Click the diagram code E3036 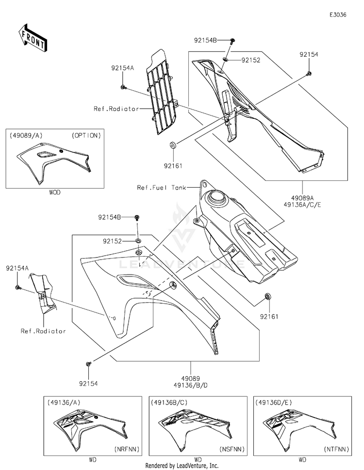[x=338, y=15]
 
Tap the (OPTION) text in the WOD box [x=86, y=135]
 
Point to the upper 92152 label [x=251, y=60]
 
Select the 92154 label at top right [x=309, y=55]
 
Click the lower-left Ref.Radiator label [x=43, y=331]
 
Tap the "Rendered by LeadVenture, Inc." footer [x=182, y=465]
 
